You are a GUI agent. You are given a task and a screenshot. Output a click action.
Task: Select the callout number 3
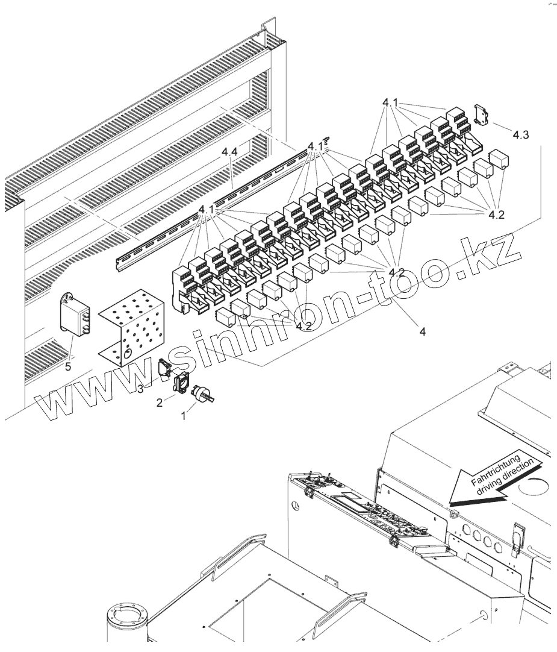coord(140,389)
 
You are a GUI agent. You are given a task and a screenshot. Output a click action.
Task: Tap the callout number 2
coord(160,403)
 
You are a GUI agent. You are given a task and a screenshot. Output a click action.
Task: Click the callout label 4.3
coord(521,136)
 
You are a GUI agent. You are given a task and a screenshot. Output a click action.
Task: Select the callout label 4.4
coord(228,154)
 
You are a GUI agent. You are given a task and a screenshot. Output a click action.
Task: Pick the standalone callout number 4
coord(423,331)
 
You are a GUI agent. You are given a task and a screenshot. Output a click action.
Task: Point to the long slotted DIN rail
coord(211,208)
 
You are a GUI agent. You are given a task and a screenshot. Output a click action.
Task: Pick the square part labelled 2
coord(180,383)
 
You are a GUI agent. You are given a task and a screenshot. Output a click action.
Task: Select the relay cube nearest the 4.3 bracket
coord(500,160)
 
